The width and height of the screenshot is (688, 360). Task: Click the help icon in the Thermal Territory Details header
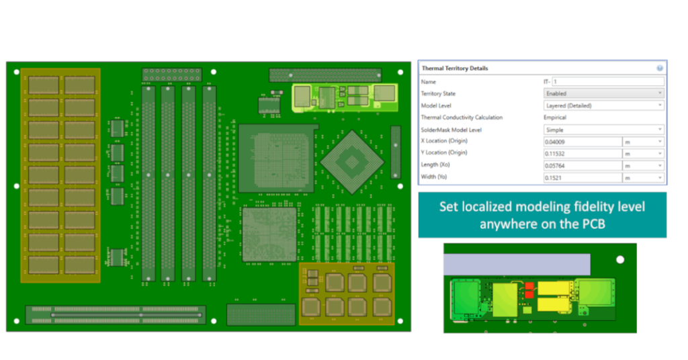pyautogui.click(x=660, y=68)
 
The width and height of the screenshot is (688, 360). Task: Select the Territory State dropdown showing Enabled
pyautogui.click(x=603, y=93)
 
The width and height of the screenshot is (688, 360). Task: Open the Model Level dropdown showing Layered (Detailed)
pyautogui.click(x=603, y=105)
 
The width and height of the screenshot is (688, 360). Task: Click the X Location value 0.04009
pyautogui.click(x=582, y=142)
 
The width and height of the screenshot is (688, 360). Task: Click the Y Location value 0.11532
pyautogui.click(x=582, y=153)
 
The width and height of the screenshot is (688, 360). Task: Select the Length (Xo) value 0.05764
pyautogui.click(x=582, y=165)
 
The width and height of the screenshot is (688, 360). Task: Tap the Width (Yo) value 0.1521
pyautogui.click(x=582, y=177)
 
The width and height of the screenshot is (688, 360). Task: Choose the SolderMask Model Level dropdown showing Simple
pyautogui.click(x=603, y=130)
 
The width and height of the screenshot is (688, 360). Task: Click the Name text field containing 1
pyautogui.click(x=607, y=81)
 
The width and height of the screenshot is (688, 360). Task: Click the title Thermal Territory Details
pyautogui.click(x=455, y=69)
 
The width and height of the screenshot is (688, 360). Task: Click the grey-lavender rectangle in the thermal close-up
pyautogui.click(x=518, y=264)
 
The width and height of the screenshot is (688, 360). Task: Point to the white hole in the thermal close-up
pyautogui.click(x=620, y=259)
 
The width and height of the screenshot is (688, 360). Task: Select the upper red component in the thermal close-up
pyautogui.click(x=529, y=287)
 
